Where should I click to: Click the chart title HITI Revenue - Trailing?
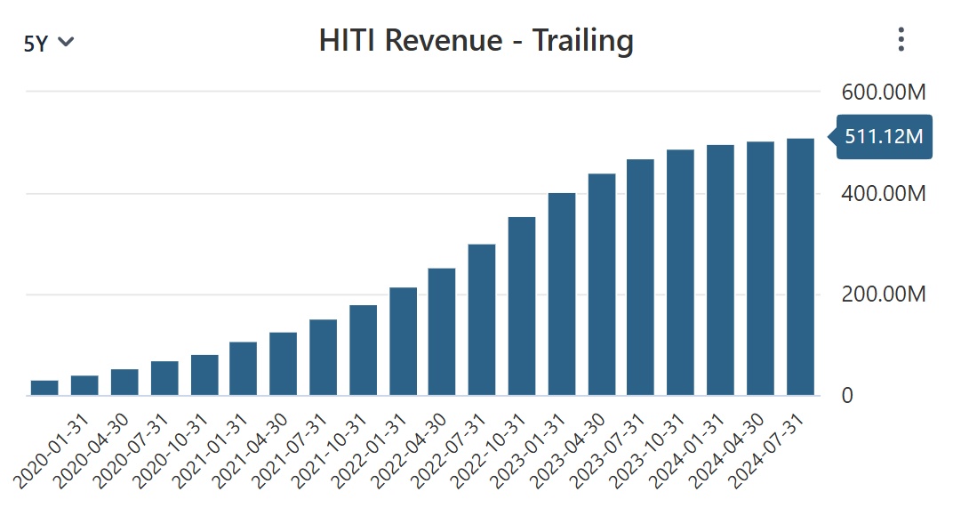pyautogui.click(x=476, y=41)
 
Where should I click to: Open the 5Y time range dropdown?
pyautogui.click(x=49, y=43)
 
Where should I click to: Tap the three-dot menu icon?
pyautogui.click(x=901, y=39)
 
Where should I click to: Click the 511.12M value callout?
pyautogui.click(x=885, y=137)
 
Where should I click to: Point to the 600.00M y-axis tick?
pyautogui.click(x=883, y=92)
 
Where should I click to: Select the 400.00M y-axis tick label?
pyautogui.click(x=883, y=193)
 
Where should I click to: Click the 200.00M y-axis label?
pyautogui.click(x=883, y=294)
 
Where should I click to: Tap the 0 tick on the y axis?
pyautogui.click(x=847, y=395)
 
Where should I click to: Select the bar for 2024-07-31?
pyautogui.click(x=800, y=267)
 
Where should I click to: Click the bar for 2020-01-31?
pyautogui.click(x=44, y=388)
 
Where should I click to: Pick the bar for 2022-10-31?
pyautogui.click(x=522, y=306)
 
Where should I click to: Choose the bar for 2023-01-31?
pyautogui.click(x=562, y=294)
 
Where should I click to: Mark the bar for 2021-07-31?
pyautogui.click(x=323, y=357)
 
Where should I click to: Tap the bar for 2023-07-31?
pyautogui.click(x=641, y=277)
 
